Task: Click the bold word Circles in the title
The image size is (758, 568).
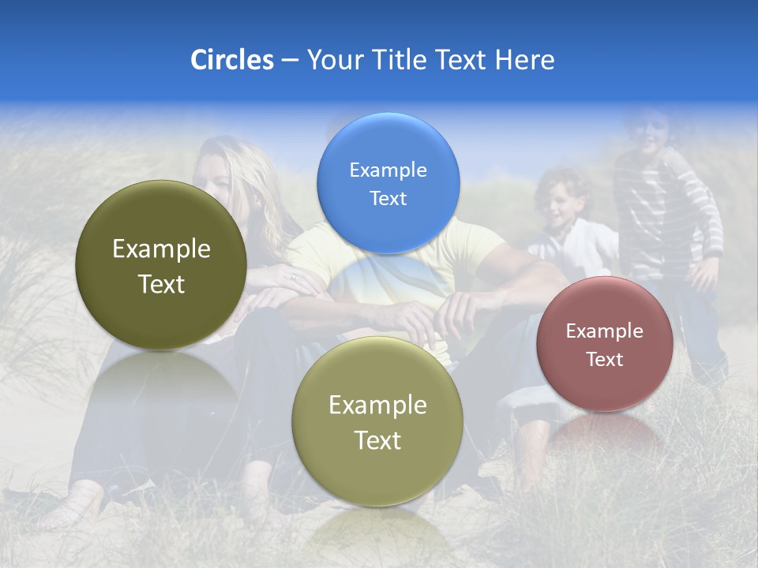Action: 231,60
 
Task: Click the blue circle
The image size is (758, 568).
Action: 388,183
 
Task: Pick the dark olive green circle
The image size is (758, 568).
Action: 161,265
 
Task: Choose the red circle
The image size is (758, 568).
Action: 605,344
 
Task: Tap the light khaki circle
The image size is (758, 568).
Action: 377,421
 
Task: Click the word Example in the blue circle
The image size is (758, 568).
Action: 388,170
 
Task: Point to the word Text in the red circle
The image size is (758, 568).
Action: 605,360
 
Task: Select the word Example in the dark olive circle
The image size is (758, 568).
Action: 161,249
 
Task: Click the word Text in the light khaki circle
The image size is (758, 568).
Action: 377,440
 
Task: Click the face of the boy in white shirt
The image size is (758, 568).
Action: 561,207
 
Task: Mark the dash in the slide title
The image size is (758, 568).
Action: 289,61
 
